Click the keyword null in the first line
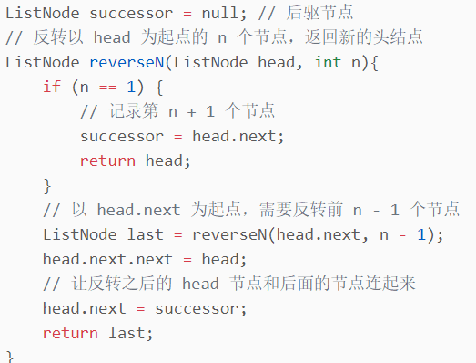click(219, 13)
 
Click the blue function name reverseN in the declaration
click(127, 62)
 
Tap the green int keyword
click(328, 62)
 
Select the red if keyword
click(52, 87)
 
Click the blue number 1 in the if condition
click(131, 87)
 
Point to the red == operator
click(107, 88)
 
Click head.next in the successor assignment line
click(234, 136)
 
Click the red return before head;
click(107, 161)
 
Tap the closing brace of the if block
click(47, 186)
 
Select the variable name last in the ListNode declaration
click(145, 234)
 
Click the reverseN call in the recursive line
click(229, 235)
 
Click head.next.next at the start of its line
click(107, 259)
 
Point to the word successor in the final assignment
click(197, 309)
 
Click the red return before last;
click(70, 334)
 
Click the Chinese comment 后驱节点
click(319, 13)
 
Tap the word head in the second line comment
click(112, 37)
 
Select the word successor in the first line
click(131, 14)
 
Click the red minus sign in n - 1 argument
click(402, 235)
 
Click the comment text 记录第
click(134, 110)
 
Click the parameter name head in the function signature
click(277, 62)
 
